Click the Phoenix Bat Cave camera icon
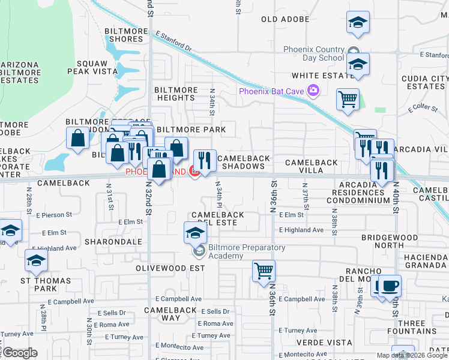pos(313,91)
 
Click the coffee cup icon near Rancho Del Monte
pos(390,286)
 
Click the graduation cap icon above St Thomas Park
pos(35,261)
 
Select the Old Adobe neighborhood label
pos(285,19)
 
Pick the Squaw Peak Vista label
pos(96,67)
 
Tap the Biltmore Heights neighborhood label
pos(176,94)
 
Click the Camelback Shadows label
pos(243,162)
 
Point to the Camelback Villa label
pos(311,167)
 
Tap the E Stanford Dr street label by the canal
pos(172,42)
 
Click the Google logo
pos(19,353)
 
